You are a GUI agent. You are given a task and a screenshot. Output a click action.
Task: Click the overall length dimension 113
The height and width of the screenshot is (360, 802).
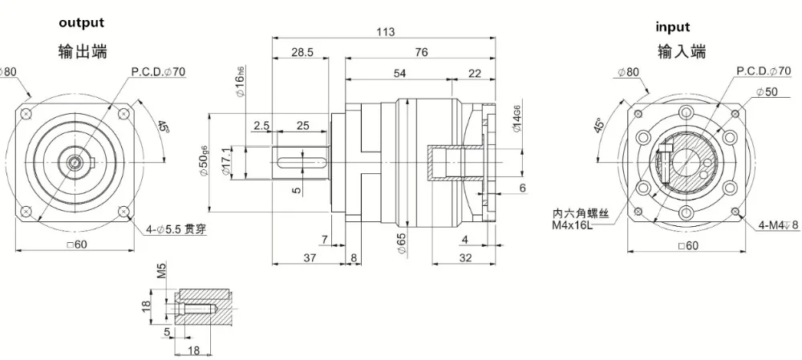pyautogui.click(x=386, y=31)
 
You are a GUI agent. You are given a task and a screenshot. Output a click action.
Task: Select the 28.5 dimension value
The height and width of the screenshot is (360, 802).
pyautogui.click(x=302, y=52)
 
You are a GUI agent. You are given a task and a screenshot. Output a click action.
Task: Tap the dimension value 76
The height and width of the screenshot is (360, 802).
pyautogui.click(x=422, y=52)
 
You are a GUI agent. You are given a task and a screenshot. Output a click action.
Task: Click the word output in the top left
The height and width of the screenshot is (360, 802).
pyautogui.click(x=81, y=23)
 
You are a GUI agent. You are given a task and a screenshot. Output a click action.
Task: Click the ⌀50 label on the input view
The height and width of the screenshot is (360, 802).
pyautogui.click(x=766, y=92)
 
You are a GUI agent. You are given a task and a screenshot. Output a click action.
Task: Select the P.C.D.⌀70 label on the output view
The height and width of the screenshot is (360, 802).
pyautogui.click(x=159, y=72)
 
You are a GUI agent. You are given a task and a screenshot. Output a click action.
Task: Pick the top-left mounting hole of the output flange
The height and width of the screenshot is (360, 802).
pyautogui.click(x=29, y=112)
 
